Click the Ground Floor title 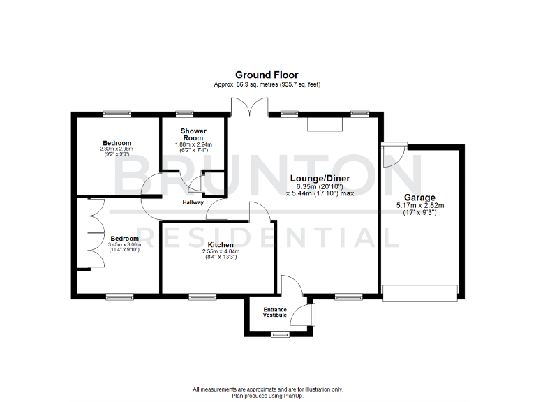[267, 75]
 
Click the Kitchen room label [221, 244]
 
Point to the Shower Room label [193, 134]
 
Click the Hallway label [193, 202]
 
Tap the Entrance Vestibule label [274, 312]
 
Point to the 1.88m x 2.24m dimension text [193, 144]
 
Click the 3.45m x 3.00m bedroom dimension [125, 245]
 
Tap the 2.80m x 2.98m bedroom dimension [115, 149]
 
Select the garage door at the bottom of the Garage [420, 292]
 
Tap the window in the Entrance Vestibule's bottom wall [281, 334]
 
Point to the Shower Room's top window [184, 113]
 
